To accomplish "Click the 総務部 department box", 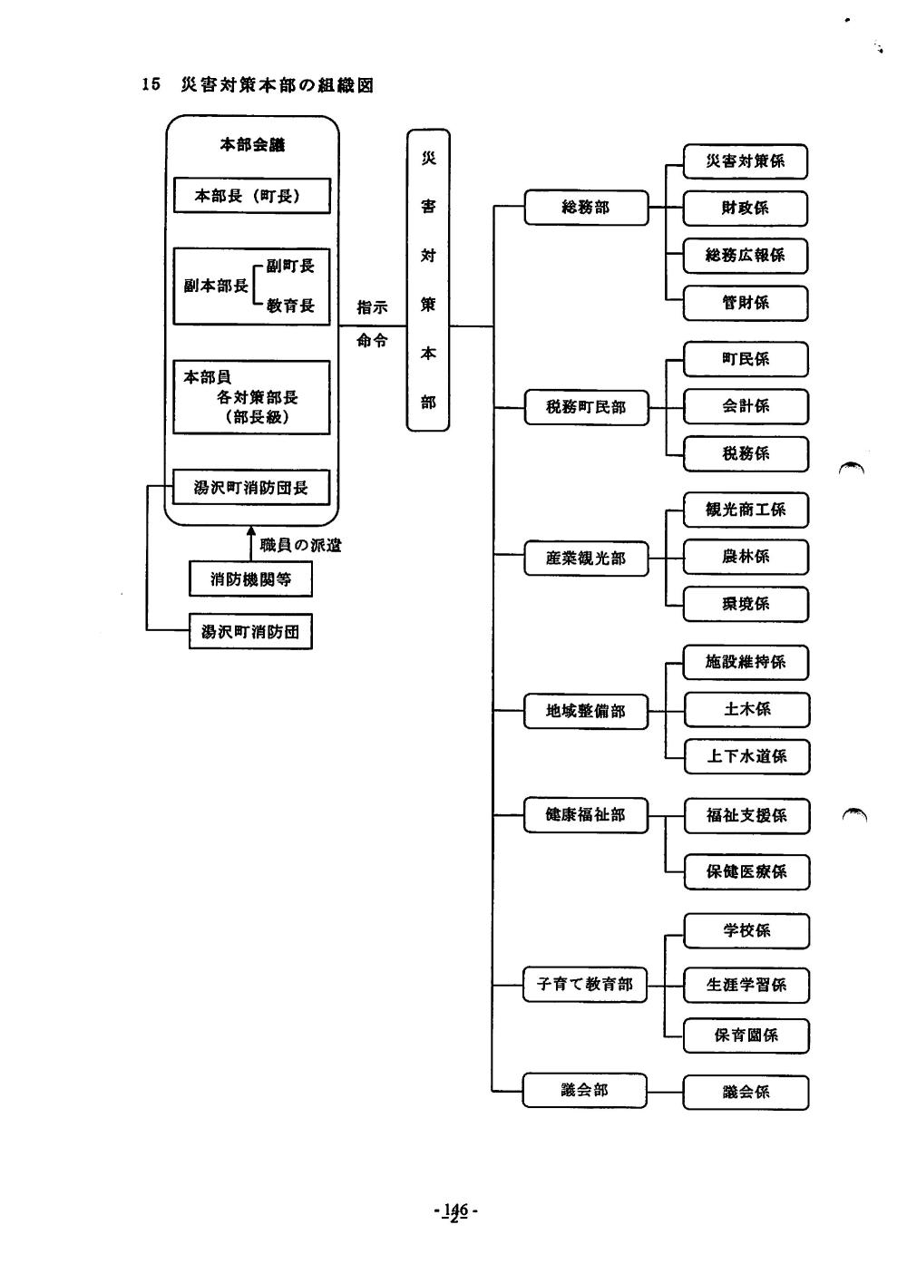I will coord(586,208).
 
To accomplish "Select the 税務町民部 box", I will coord(586,407).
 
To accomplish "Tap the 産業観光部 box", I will coord(586,558).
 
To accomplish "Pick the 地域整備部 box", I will coord(586,711).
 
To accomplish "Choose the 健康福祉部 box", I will coord(586,815).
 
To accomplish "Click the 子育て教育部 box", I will coord(585,984).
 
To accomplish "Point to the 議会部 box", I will coord(585,1090).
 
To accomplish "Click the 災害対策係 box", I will coord(745,161).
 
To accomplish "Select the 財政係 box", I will coord(745,209).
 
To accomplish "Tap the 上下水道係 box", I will coord(746,756).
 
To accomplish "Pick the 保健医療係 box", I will coord(746,872).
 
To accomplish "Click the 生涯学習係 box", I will coord(746,985).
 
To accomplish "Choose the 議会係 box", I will coord(746,1093).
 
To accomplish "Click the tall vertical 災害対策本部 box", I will coord(428,280).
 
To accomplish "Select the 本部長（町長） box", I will coord(252,196).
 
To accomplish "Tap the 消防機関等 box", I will coord(250,578).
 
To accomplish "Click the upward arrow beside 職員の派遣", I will coord(251,544).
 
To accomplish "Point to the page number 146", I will coord(454,1210).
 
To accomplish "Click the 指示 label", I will coord(372,307).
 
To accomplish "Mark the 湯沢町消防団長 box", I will coord(251,488).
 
